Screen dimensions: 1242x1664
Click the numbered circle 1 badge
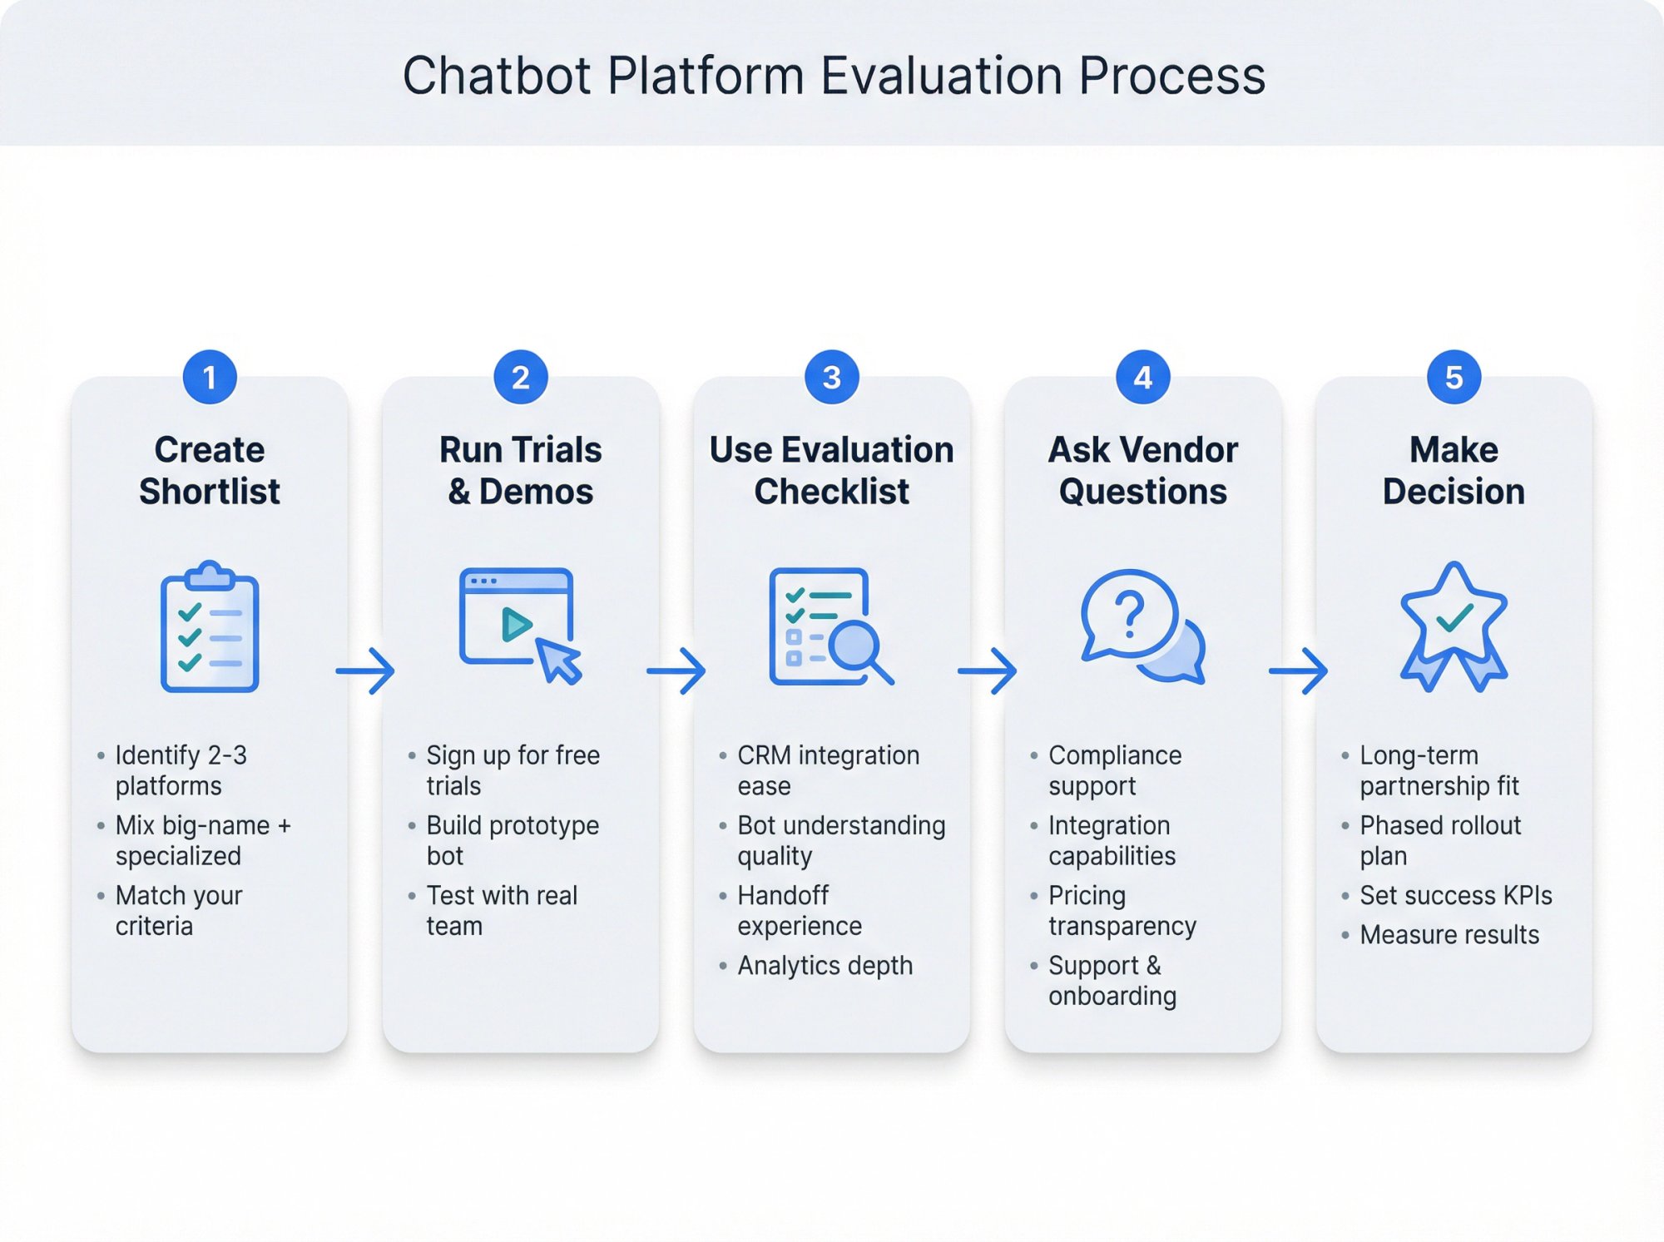[210, 378]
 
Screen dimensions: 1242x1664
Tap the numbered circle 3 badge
[831, 378]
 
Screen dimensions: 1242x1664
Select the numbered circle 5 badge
[1454, 378]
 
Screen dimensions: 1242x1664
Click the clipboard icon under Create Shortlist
[210, 628]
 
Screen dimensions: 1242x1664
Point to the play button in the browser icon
[516, 625]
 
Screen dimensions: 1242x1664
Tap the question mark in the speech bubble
[1129, 615]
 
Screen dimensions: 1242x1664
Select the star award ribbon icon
[1454, 628]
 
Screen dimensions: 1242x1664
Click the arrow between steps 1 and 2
[365, 670]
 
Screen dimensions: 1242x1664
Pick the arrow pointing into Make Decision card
[1298, 670]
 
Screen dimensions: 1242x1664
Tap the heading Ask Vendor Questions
[1142, 471]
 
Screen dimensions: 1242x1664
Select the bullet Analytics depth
[825, 966]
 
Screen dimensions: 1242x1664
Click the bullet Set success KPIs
[1455, 896]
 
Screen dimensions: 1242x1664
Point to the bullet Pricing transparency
[1122, 911]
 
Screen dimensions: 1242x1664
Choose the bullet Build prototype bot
[512, 840]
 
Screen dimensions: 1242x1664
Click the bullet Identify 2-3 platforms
[181, 770]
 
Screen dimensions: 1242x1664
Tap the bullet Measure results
[1449, 935]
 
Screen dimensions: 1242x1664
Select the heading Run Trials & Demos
[520, 471]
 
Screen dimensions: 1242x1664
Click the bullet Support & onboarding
[1112, 981]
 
